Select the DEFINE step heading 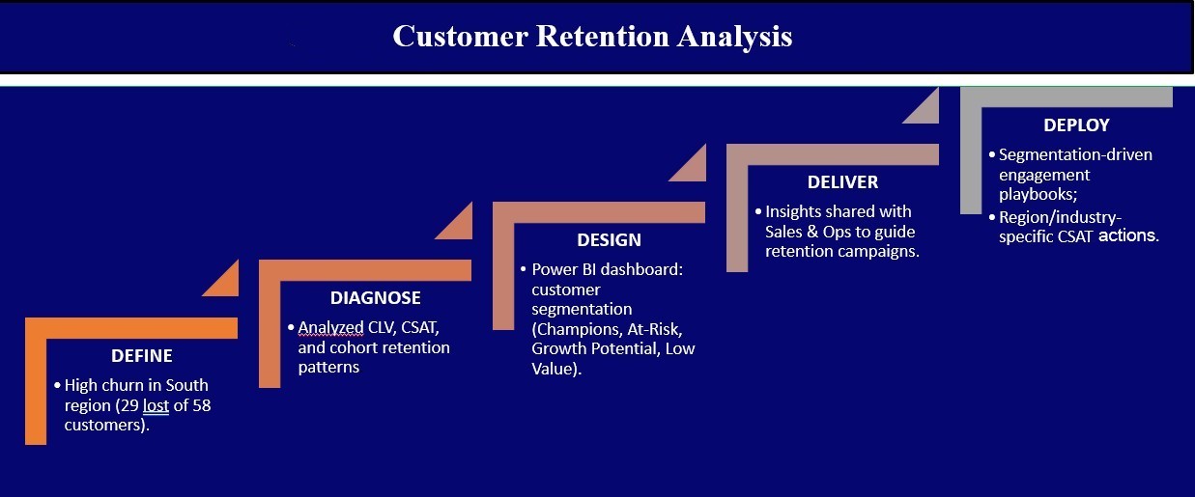pos(141,356)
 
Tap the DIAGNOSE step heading pos(376,298)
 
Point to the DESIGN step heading pos(609,240)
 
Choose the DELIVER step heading pos(842,182)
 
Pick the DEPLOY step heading pos(1076,124)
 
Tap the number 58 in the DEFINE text pos(201,405)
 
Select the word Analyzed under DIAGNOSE pos(330,328)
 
